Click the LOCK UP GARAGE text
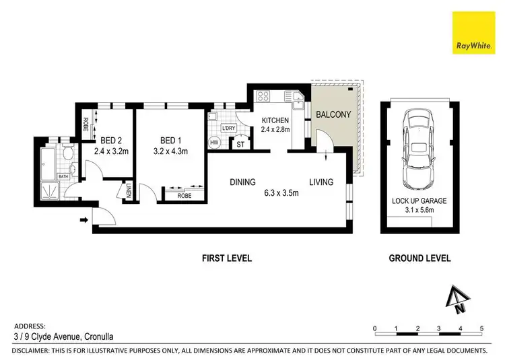pyautogui.click(x=419, y=201)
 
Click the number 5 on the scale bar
pyautogui.click(x=482, y=328)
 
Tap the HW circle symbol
pyautogui.click(x=215, y=143)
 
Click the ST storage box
pyautogui.click(x=239, y=143)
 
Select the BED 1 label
pyautogui.click(x=170, y=140)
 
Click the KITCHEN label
pyautogui.click(x=275, y=120)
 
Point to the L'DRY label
pyautogui.click(x=228, y=128)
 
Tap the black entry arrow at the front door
pyautogui.click(x=83, y=219)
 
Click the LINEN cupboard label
pyautogui.click(x=129, y=192)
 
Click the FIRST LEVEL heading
pyautogui.click(x=227, y=258)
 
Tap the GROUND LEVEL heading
pyautogui.click(x=420, y=258)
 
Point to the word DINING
pyautogui.click(x=242, y=182)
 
